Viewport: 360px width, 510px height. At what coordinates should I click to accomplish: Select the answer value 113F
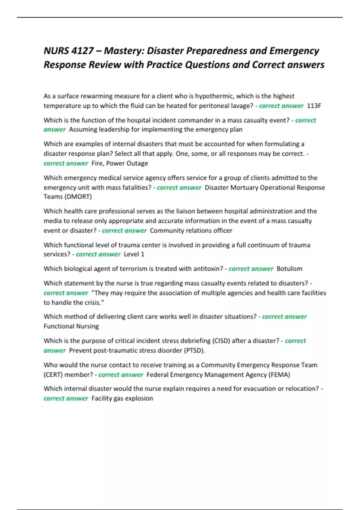[314, 106]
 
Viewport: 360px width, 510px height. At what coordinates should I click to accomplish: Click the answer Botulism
[289, 268]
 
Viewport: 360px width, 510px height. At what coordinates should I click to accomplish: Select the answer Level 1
[134, 254]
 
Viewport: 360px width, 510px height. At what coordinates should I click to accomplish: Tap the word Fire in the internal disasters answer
[97, 163]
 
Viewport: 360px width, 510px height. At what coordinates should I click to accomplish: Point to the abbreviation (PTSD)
[195, 350]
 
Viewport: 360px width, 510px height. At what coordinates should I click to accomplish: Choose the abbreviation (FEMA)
[280, 375]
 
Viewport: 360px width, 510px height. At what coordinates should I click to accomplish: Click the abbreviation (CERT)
[53, 375]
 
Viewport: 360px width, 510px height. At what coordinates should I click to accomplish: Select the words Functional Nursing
[71, 326]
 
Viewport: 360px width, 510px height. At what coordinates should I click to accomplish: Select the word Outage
[137, 163]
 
